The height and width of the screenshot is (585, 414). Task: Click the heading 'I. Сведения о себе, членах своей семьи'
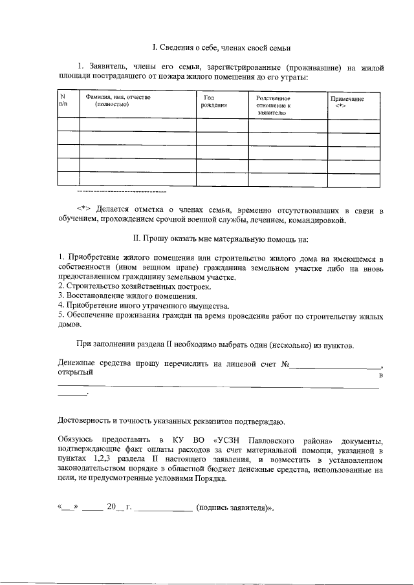221,48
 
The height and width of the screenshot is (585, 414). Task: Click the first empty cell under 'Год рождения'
222,124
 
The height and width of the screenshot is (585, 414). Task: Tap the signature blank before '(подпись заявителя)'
165,508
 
